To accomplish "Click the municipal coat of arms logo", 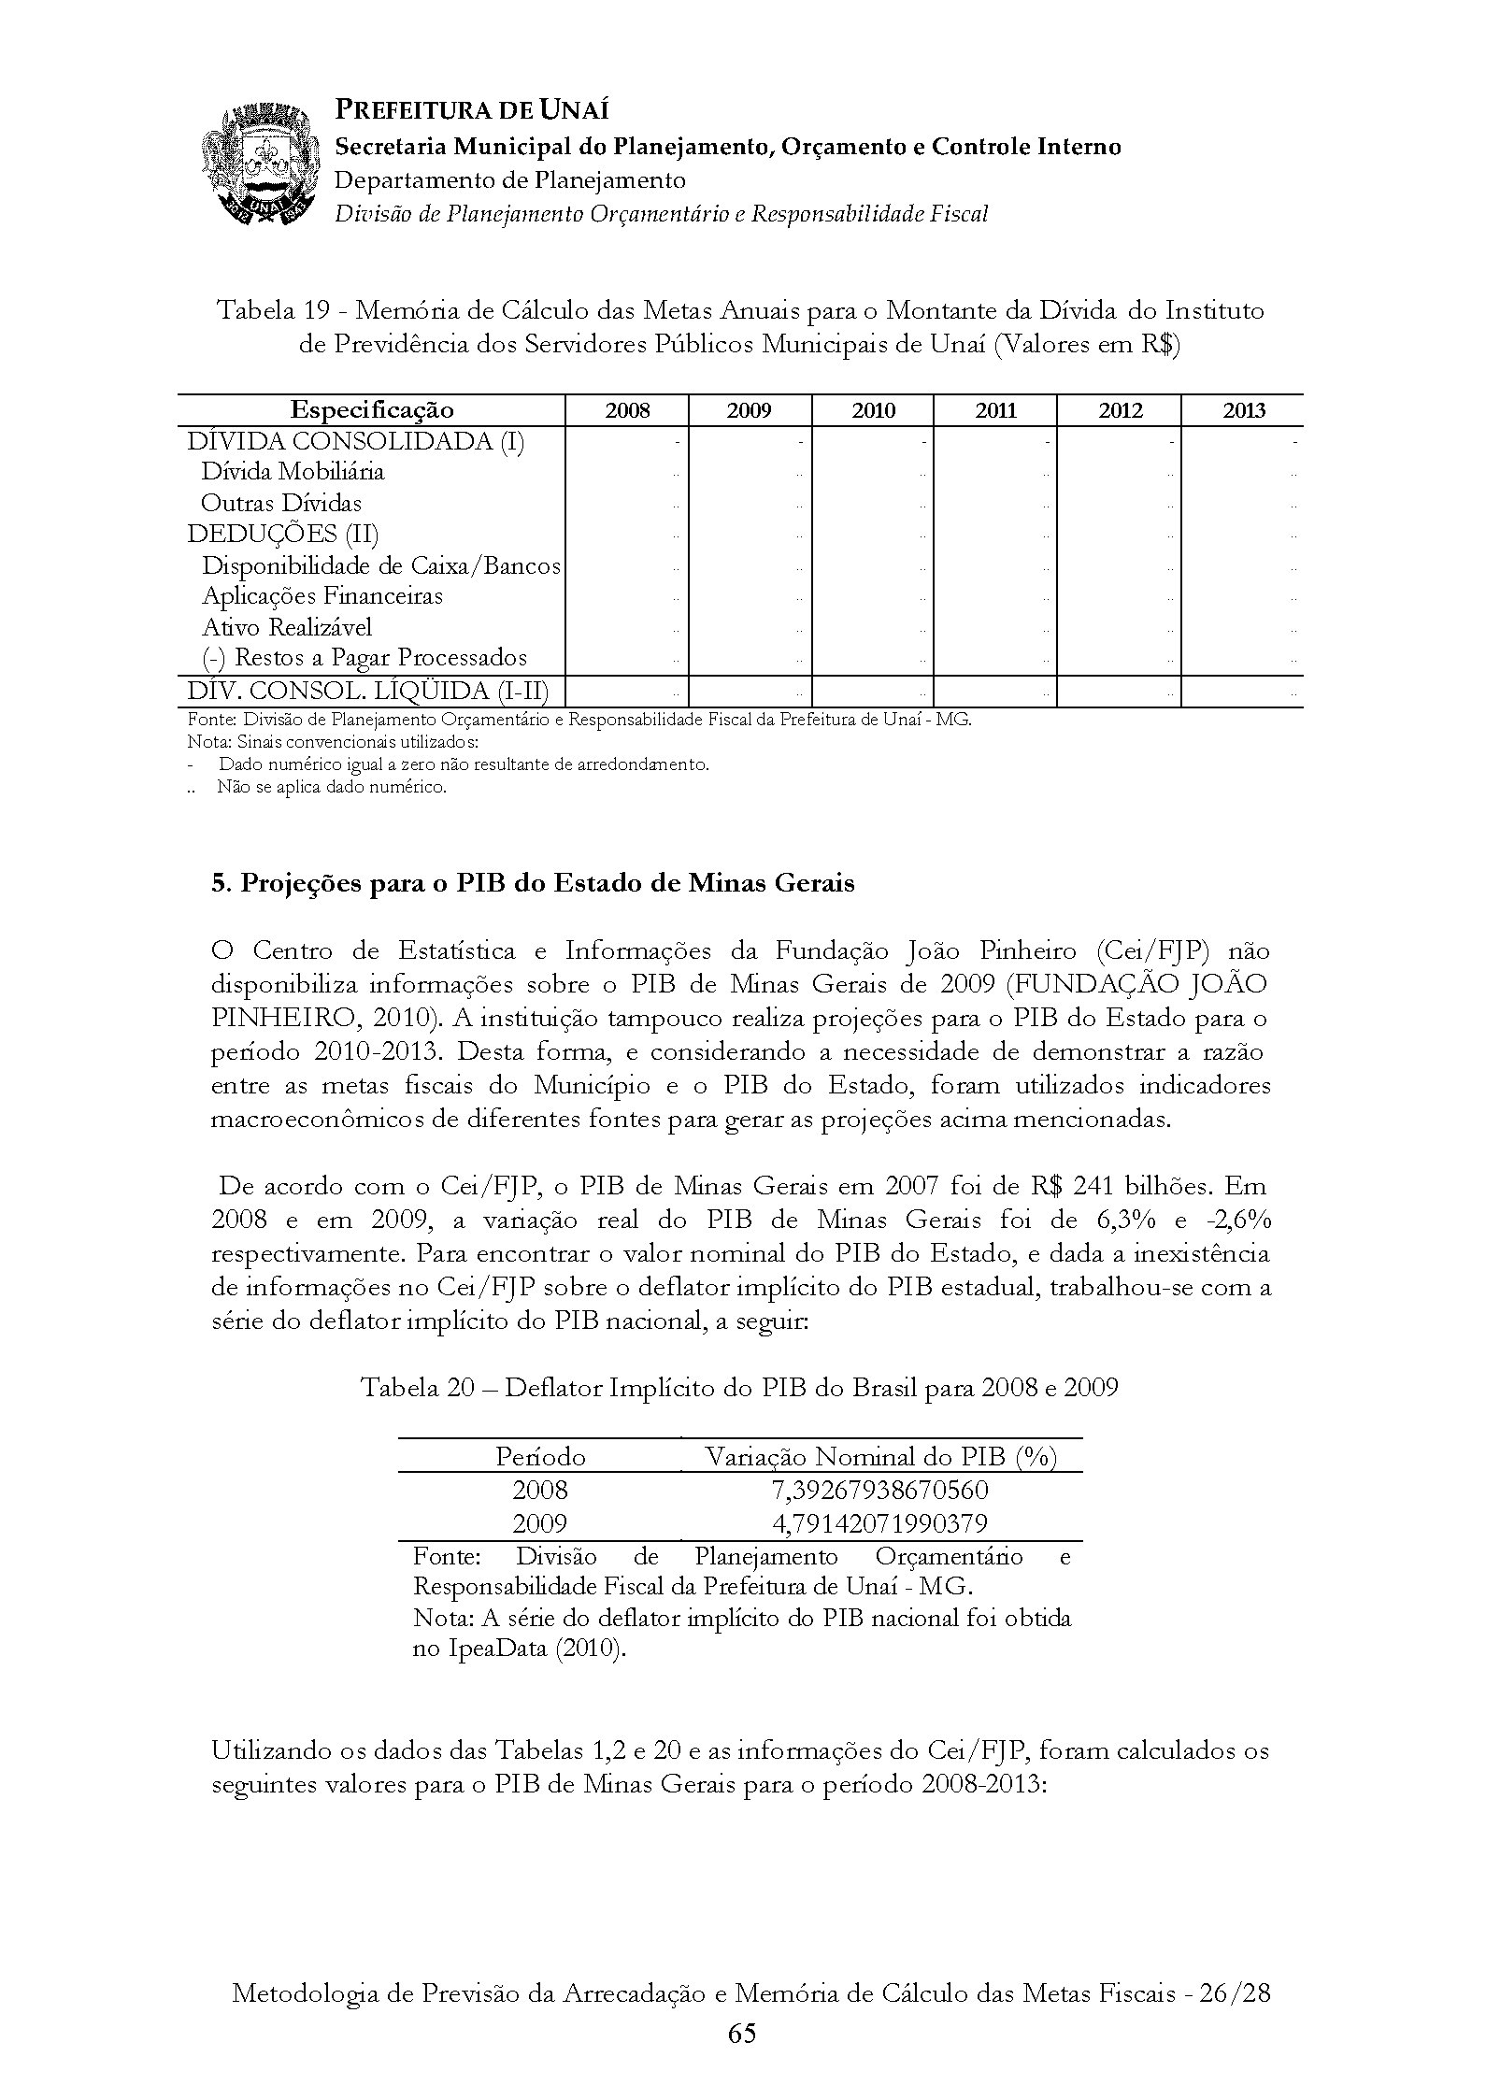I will tap(257, 166).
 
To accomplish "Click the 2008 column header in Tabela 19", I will tap(627, 410).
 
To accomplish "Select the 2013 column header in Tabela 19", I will tap(1243, 410).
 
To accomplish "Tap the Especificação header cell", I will tap(372, 410).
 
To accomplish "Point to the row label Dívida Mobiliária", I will tap(293, 472).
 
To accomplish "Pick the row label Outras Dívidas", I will tap(281, 504).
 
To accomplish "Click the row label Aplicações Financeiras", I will tap(322, 596).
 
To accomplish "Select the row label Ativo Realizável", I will tap(287, 627).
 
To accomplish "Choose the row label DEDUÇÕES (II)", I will tap(283, 535).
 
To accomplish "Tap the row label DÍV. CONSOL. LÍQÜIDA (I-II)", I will tap(368, 692).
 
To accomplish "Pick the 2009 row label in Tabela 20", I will tap(540, 1523).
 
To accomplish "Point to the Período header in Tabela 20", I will tap(540, 1456).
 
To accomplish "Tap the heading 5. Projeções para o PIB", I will tap(533, 883).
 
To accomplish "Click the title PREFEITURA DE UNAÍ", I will tap(472, 110).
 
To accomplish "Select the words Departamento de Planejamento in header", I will tap(510, 179).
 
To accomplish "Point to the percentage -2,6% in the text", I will tap(1239, 1221).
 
